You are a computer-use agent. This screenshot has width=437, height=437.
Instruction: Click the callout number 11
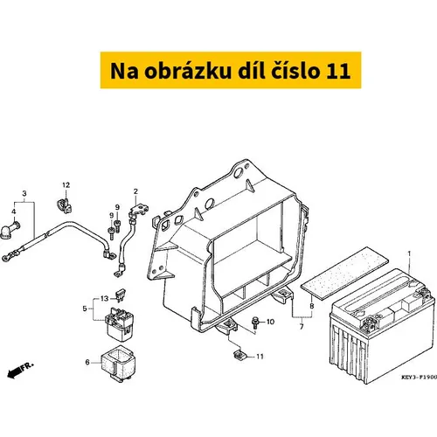coord(260,357)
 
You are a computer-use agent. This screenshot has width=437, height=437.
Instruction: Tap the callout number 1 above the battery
coord(409,253)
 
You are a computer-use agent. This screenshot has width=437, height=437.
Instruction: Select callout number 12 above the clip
coord(66,185)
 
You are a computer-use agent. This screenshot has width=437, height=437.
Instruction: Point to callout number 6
coord(87,362)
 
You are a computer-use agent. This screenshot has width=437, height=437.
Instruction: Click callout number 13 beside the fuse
coord(104,299)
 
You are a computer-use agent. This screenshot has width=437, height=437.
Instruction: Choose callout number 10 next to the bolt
coord(270,322)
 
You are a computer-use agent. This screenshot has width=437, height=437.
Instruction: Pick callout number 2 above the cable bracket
coord(135,191)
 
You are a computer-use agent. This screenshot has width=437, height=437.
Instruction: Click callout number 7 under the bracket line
coord(302,327)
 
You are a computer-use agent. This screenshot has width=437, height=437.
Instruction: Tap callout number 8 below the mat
coord(312,306)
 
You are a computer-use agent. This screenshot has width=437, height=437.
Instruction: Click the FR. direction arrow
coord(20,370)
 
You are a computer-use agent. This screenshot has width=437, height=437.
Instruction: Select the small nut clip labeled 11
coord(239,356)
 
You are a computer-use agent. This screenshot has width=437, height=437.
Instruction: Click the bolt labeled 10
coord(255,323)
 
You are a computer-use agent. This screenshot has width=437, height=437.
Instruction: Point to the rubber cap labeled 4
coord(10,230)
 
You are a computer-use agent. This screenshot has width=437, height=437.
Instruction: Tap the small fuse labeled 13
coord(121,294)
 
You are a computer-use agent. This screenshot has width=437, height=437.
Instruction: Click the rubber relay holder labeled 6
coord(118,364)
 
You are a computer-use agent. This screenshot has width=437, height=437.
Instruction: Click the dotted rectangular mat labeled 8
coord(344,272)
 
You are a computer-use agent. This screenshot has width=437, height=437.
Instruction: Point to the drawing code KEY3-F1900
coord(420,377)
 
